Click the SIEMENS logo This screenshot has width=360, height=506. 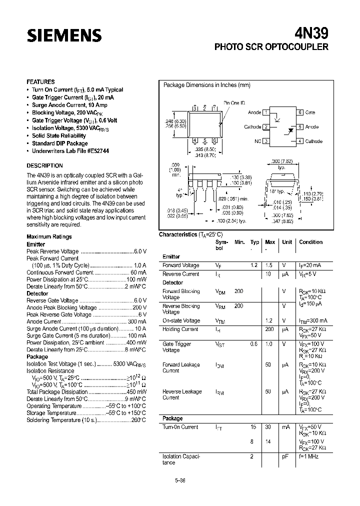pyautogui.click(x=64, y=35)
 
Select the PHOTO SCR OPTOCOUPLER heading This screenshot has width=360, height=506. pyautogui.click(x=271, y=47)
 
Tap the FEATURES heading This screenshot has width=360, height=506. pyautogui.click(x=40, y=81)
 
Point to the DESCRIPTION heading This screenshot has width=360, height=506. pyautogui.click(x=44, y=165)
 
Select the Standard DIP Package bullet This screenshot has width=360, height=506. pyautogui.click(x=59, y=143)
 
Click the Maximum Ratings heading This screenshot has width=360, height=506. pyautogui.click(x=49, y=236)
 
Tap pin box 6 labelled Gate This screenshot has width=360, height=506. pyautogui.click(x=300, y=112)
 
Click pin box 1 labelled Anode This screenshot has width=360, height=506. pyautogui.click(x=266, y=112)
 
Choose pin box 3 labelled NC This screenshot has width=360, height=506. pyautogui.click(x=266, y=141)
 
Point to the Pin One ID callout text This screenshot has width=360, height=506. pyautogui.click(x=234, y=102)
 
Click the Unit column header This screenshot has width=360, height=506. pyautogui.click(x=287, y=242)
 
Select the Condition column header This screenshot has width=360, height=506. pyautogui.click(x=311, y=242)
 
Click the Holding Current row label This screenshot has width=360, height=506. pyautogui.click(x=180, y=329)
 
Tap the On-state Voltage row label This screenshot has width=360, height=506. pyautogui.click(x=181, y=320)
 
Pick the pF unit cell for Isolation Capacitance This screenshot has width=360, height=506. pyautogui.click(x=285, y=456)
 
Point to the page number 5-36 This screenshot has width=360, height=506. pyautogui.click(x=179, y=480)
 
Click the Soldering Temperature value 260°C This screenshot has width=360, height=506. pyautogui.click(x=138, y=420)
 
